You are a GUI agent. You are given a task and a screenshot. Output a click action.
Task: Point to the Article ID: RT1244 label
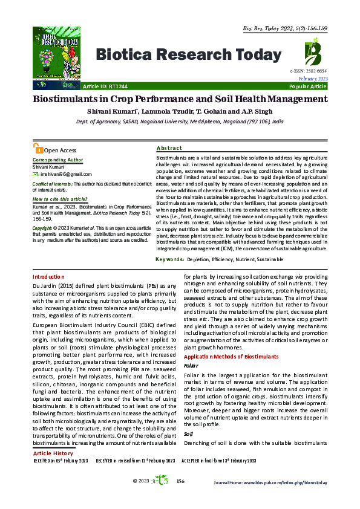[105, 87]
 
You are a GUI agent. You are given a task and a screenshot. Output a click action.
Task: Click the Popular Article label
[309, 87]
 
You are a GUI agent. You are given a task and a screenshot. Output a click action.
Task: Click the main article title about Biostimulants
[180, 99]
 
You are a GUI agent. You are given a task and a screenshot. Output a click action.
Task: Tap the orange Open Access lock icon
[39, 150]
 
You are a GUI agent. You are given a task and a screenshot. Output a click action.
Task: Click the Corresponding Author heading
[57, 160]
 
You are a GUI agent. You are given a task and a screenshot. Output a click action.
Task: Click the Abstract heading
[169, 148]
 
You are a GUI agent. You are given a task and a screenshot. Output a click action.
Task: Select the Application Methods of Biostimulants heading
[226, 358]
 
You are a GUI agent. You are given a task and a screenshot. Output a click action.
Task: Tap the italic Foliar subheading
[191, 366]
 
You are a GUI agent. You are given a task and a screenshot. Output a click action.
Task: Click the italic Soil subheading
[188, 434]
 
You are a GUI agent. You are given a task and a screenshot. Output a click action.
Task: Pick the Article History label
[53, 453]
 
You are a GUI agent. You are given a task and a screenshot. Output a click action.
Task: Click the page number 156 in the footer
[180, 481]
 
